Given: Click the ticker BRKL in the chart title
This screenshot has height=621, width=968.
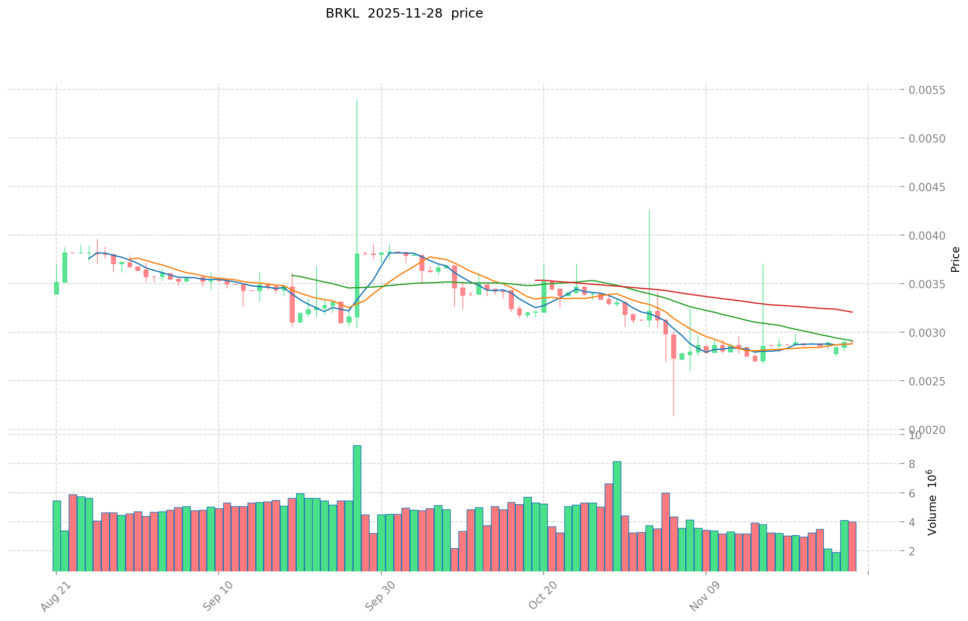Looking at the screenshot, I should (x=343, y=13).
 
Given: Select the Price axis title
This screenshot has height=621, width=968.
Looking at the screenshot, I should (x=955, y=259).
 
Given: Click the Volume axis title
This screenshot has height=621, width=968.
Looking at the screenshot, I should (x=932, y=502).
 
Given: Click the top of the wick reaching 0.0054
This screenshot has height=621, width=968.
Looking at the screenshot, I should (x=357, y=100).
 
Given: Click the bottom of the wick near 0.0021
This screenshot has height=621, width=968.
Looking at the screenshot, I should (x=673, y=415).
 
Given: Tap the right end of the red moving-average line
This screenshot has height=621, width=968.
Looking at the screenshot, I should (x=852, y=312).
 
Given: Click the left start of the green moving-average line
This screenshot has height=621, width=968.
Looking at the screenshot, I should (x=293, y=275).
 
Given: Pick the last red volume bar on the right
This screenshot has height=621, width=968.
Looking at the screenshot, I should (x=852, y=547).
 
